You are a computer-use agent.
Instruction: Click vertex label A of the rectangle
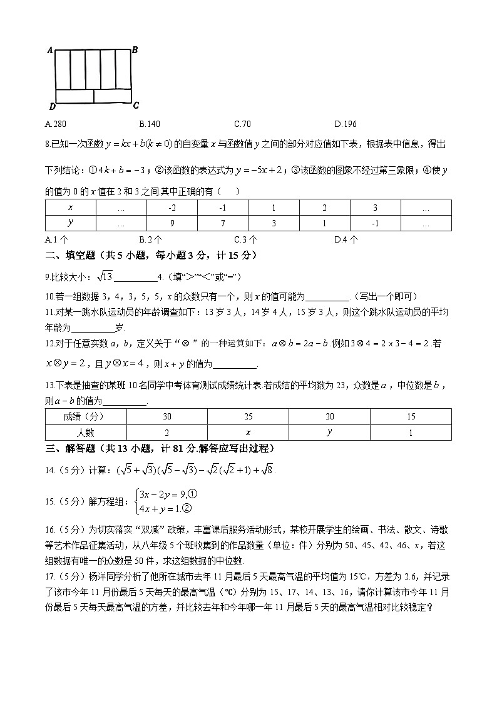pos(49,51)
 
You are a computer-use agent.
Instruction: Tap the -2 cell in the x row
pos(172,208)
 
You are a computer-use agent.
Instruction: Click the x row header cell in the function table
pos(71,208)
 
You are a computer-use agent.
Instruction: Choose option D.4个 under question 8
pos(346,239)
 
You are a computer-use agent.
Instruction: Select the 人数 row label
pos(86,432)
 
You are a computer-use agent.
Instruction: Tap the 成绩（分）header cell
pos(86,416)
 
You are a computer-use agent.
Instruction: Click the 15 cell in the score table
pos(411,416)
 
